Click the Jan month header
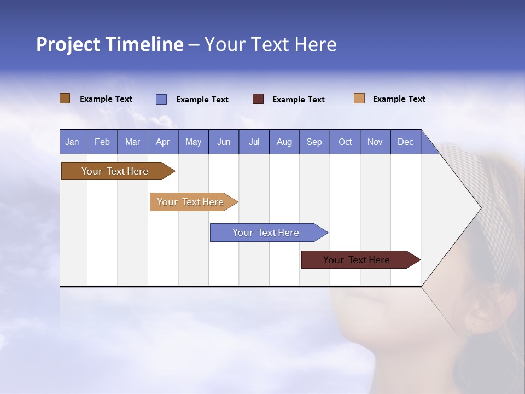pyautogui.click(x=72, y=142)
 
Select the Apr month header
pyautogui.click(x=162, y=142)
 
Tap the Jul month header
pyautogui.click(x=254, y=142)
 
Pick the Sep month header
pyautogui.click(x=314, y=142)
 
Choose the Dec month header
pyautogui.click(x=405, y=142)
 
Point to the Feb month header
pyautogui.click(x=102, y=142)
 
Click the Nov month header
pyautogui.click(x=375, y=142)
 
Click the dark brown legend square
pyautogui.click(x=65, y=99)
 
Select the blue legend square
pyautogui.click(x=161, y=99)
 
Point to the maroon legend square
pyautogui.click(x=258, y=99)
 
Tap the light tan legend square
pyautogui.click(x=359, y=99)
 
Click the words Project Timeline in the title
pyautogui.click(x=109, y=44)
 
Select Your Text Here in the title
pyautogui.click(x=270, y=44)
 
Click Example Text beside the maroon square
pyautogui.click(x=298, y=100)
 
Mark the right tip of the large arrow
pyautogui.click(x=480, y=208)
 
